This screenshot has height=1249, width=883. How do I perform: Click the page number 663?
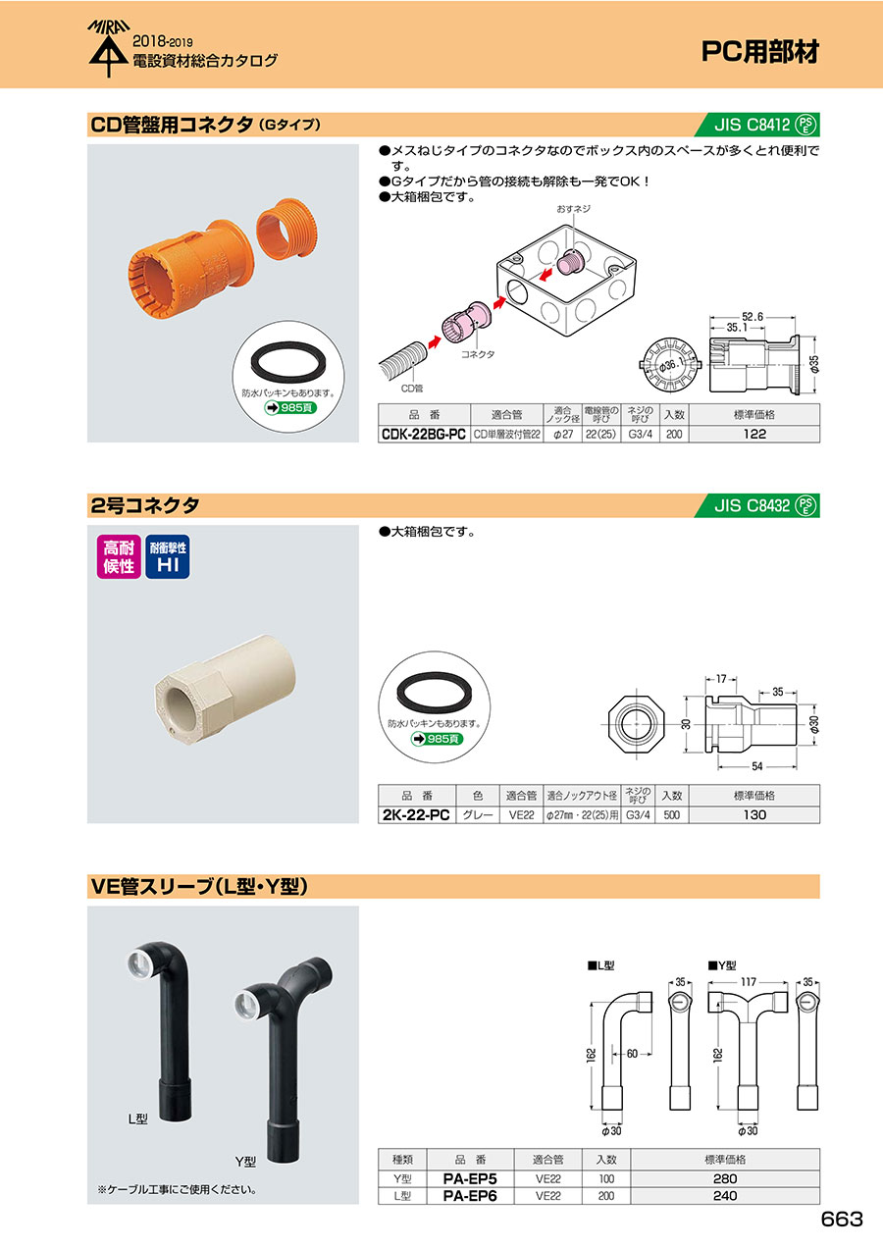841,1219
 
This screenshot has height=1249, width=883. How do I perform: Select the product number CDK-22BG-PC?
424,435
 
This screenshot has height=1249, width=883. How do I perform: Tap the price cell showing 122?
754,435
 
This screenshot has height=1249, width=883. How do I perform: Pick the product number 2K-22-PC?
416,815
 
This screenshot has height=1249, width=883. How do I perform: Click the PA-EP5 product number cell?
469,1178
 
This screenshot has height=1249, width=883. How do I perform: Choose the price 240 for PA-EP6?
725,1196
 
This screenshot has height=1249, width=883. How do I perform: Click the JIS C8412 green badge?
757,125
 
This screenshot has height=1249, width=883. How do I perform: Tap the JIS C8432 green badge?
757,505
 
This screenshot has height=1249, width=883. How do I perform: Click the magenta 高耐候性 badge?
119,556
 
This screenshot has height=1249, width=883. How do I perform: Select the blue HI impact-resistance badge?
167,556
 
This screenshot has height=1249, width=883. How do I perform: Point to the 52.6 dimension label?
752,317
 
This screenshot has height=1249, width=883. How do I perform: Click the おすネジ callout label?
573,209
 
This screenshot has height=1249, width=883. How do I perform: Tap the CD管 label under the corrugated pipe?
412,389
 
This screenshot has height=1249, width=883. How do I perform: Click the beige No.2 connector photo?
225,689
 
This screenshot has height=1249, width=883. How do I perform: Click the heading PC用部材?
759,52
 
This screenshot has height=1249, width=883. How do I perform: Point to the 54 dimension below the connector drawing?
756,766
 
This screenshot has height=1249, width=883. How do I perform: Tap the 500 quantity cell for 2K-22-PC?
672,815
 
